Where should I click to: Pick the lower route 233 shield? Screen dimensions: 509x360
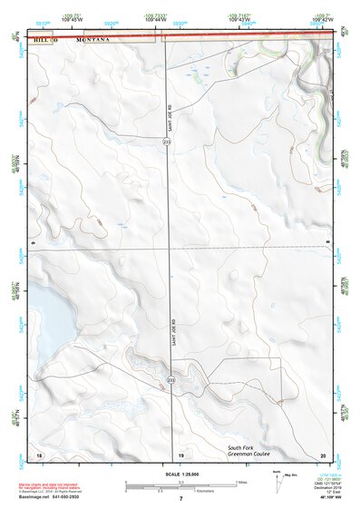click(x=170, y=380)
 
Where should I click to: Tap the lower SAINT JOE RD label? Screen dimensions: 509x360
click(x=172, y=333)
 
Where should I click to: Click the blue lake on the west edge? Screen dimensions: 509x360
click(x=45, y=317)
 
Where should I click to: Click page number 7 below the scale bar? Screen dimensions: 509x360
click(x=180, y=499)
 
